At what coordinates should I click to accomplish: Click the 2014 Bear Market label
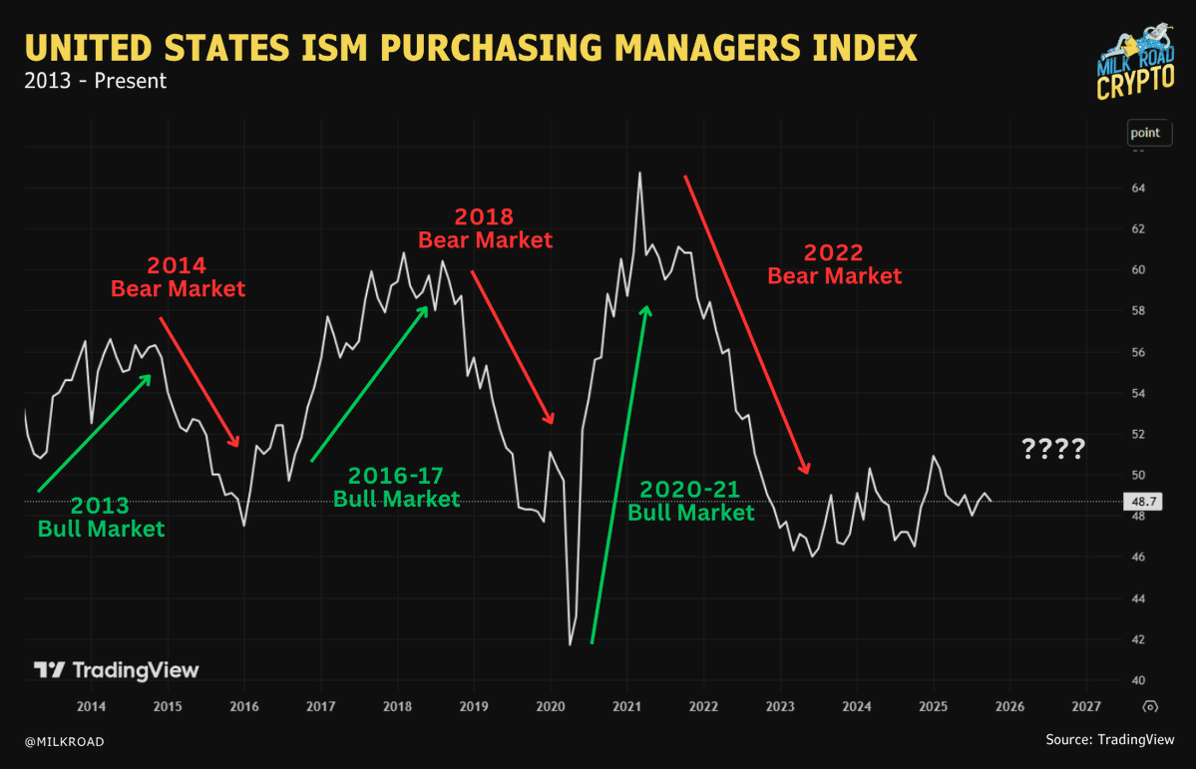(178, 277)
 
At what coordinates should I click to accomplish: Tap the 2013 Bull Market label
(101, 517)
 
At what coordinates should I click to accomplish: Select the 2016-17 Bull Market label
(396, 487)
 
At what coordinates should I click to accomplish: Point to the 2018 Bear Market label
(485, 228)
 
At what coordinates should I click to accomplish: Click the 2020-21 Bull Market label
(690, 501)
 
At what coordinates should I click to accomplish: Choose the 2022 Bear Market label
(834, 264)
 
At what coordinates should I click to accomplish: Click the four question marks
(1053, 450)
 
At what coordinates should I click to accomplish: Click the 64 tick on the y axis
(1137, 189)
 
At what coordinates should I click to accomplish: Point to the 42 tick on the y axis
(1137, 639)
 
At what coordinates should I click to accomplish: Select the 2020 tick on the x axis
(551, 706)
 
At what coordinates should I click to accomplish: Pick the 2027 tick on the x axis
(1085, 706)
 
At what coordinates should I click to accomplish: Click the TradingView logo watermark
(117, 670)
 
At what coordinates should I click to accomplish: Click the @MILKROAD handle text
(64, 741)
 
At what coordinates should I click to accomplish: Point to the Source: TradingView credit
(1109, 740)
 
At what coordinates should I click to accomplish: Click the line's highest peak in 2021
(639, 173)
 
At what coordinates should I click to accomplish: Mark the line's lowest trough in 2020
(571, 644)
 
